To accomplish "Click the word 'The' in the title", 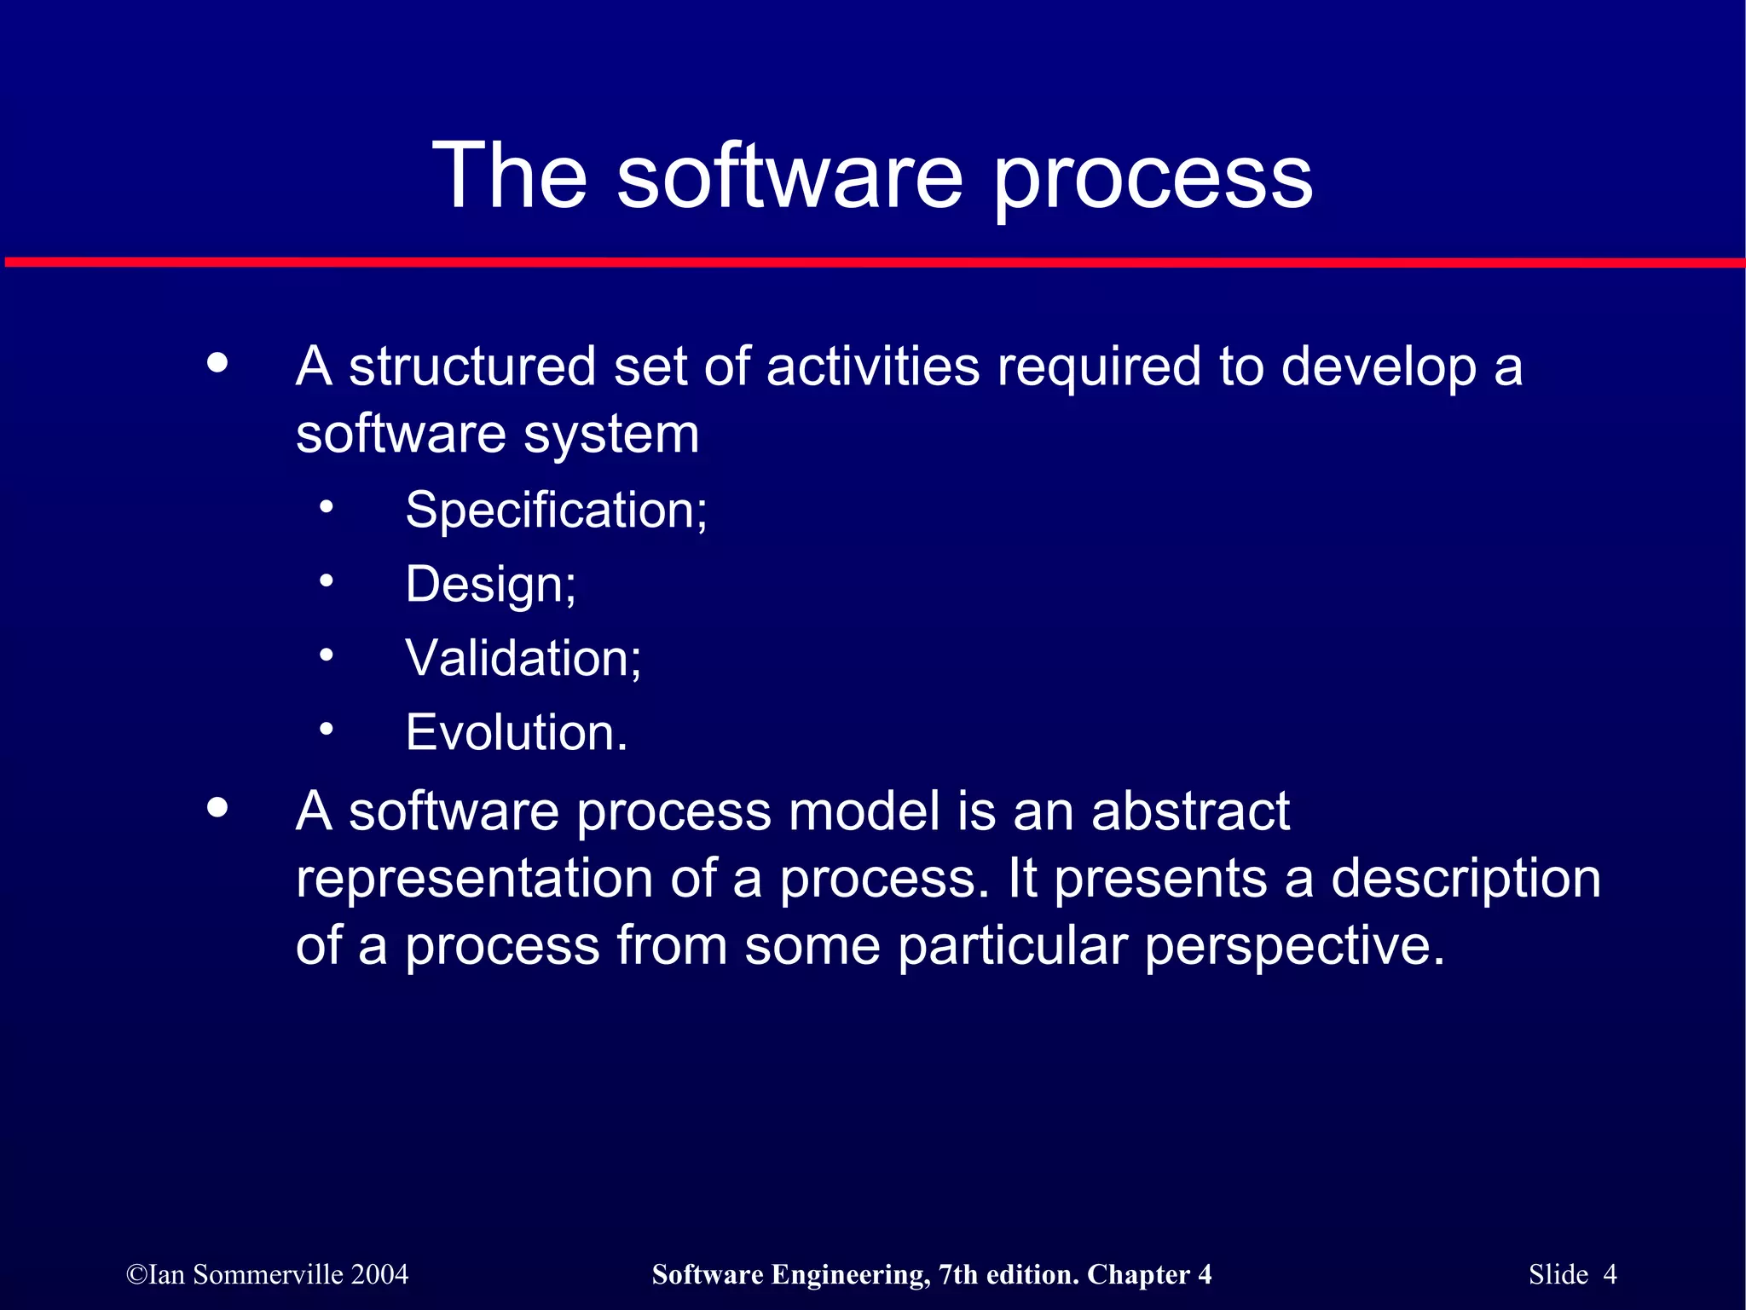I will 510,176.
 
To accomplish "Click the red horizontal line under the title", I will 873,263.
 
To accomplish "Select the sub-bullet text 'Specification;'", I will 556,511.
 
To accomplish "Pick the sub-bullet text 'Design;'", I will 490,586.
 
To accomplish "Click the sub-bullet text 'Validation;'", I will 523,659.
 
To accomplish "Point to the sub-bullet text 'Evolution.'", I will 516,733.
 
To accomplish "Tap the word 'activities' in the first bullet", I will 873,367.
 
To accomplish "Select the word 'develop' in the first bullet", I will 1379,369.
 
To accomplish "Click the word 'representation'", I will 474,880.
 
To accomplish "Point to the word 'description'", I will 1466,880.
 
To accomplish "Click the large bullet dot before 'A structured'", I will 218,363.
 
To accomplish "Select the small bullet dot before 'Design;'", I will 327,581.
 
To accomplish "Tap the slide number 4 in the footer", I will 1610,1274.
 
